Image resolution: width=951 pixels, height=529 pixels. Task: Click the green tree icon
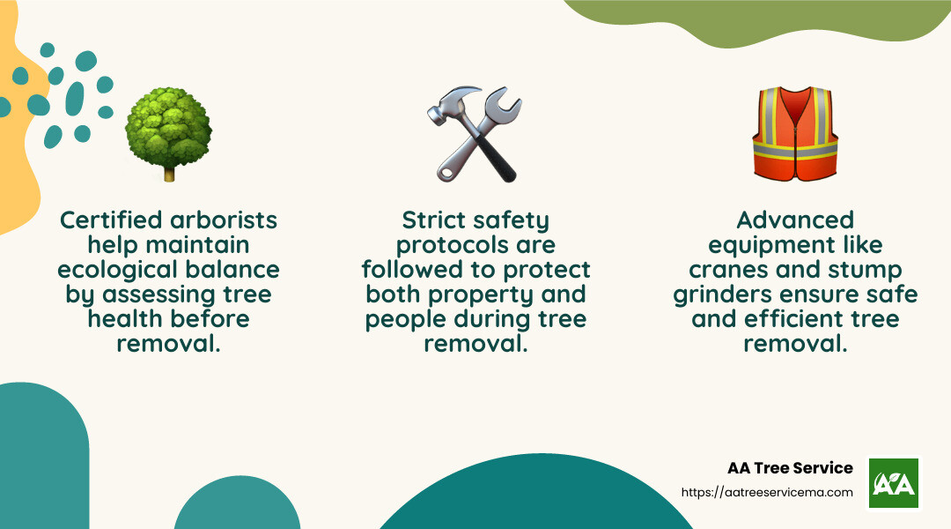pos(168,132)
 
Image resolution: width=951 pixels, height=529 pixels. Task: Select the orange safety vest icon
pos(794,133)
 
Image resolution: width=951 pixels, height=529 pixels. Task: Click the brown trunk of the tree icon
pos(169,174)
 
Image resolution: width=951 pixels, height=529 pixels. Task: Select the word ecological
pos(126,269)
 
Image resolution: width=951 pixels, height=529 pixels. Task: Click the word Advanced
pos(795,220)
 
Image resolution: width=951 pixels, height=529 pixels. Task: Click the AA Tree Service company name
pos(790,468)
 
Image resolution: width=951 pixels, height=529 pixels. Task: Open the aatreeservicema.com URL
pos(767,493)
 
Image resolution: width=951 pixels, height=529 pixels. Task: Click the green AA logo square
pos(894,482)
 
